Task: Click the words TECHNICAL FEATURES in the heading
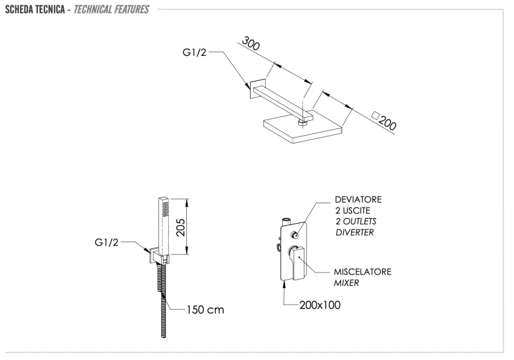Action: click(x=111, y=10)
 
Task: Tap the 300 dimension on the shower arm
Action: click(x=251, y=46)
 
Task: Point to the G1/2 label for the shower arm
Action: click(x=195, y=54)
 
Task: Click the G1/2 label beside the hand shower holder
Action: click(x=107, y=243)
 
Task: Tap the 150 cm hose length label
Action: click(x=205, y=309)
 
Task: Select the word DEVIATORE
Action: click(x=358, y=199)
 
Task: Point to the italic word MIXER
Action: click(x=346, y=283)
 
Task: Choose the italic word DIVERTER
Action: click(x=354, y=232)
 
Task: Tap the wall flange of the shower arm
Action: click(x=257, y=88)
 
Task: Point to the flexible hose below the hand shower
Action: click(x=161, y=302)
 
